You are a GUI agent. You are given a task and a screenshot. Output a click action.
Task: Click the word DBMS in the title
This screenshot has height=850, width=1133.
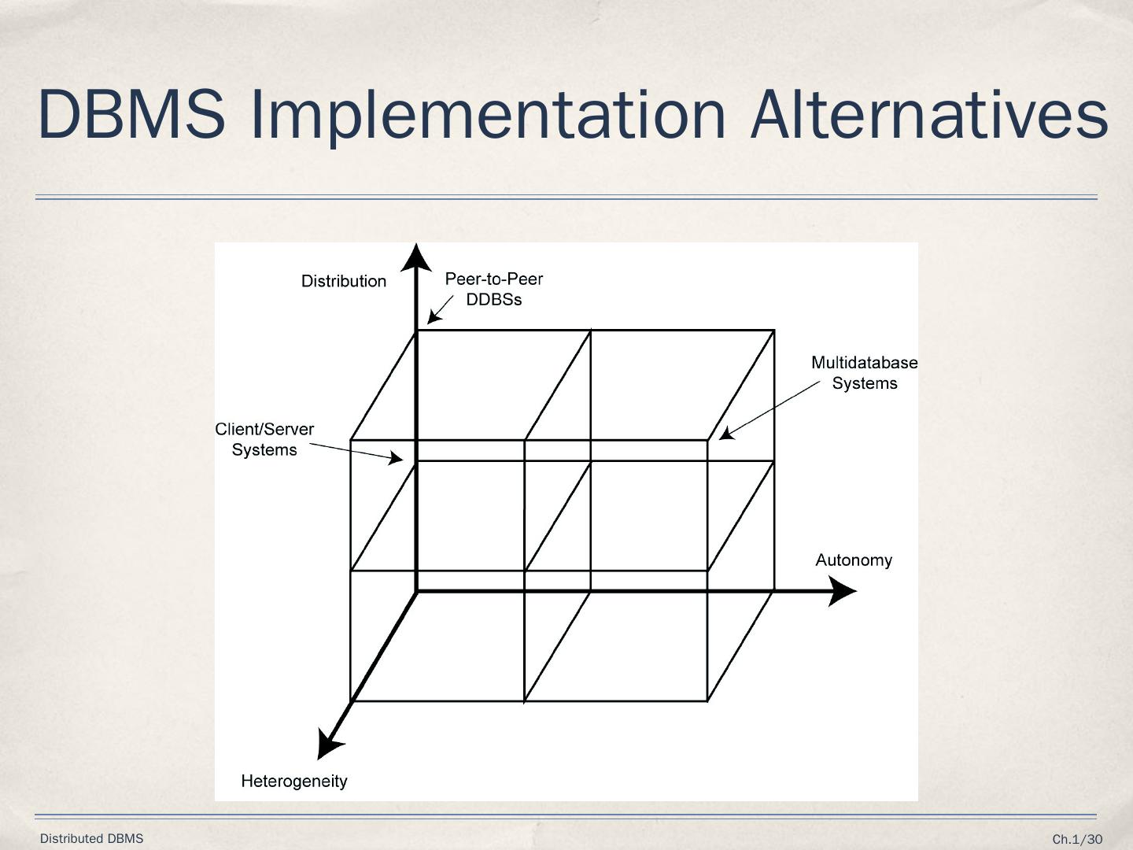(x=131, y=114)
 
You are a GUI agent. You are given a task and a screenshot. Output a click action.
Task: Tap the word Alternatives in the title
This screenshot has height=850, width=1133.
(x=929, y=114)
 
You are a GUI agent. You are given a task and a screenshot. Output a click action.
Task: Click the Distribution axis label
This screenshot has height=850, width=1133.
(x=344, y=281)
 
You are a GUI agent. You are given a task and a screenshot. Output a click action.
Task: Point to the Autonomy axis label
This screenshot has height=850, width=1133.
(x=854, y=560)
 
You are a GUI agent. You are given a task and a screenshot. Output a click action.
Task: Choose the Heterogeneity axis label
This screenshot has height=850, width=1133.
(x=294, y=782)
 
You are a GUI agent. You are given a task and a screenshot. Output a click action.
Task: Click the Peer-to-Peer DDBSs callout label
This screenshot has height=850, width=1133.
(x=494, y=289)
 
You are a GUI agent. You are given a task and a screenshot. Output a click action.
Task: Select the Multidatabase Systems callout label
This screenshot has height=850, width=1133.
(x=864, y=373)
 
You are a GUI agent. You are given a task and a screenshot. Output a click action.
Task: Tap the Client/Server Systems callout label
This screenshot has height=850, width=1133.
(x=264, y=439)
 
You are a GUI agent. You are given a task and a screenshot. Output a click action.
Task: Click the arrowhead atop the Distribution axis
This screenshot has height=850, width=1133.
(x=416, y=258)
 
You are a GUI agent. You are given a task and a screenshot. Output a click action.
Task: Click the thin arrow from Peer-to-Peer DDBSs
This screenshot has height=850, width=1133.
(x=441, y=309)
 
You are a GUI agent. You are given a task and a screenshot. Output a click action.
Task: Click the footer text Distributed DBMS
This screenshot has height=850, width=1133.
(x=92, y=839)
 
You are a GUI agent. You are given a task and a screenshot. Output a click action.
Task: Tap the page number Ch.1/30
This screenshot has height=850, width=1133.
(x=1077, y=840)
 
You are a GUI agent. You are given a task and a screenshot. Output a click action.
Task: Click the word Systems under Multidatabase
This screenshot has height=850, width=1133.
(x=865, y=383)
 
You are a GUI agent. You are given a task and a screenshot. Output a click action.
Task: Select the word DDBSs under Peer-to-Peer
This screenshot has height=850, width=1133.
(x=494, y=300)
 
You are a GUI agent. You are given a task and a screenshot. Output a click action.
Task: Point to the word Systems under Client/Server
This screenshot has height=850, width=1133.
(x=264, y=450)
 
